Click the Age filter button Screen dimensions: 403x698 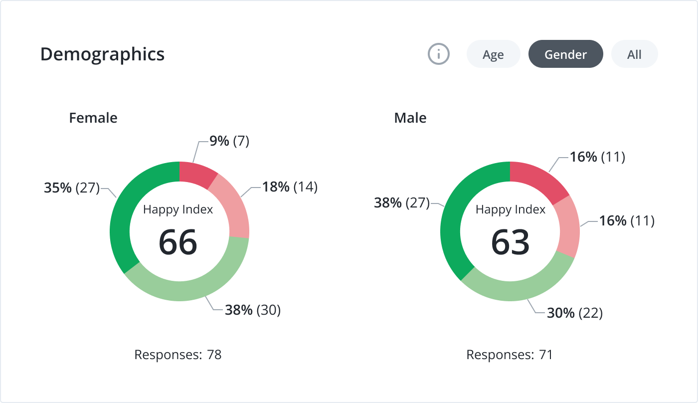coord(493,54)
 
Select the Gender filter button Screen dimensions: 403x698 coord(565,54)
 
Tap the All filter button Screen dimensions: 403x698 coord(634,54)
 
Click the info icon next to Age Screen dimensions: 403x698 coord(439,54)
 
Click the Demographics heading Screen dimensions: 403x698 coord(102,54)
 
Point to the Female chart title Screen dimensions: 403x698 coord(93,118)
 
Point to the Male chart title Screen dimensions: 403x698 coord(410,118)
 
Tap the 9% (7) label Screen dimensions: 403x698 coord(229,142)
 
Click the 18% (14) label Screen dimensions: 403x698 coord(290,187)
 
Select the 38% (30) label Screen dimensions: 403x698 coord(253,310)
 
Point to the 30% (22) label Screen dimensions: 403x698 coord(575,313)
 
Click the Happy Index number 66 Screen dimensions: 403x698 coord(178,242)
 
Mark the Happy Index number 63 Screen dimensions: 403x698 coord(510,242)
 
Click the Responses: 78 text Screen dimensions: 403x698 coord(178,355)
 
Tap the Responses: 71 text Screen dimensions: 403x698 coord(510,355)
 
